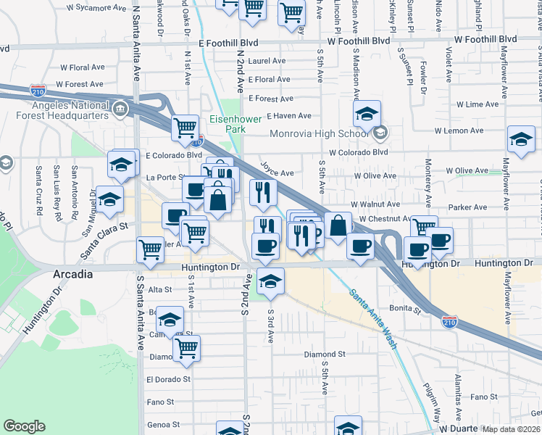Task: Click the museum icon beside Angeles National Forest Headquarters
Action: pyautogui.click(x=121, y=110)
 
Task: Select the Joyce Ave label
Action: pyautogui.click(x=277, y=173)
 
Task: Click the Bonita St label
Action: pyautogui.click(x=406, y=310)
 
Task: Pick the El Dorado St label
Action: pyautogui.click(x=168, y=379)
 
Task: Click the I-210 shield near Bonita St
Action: pyautogui.click(x=450, y=320)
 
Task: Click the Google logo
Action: pyautogui.click(x=24, y=426)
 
